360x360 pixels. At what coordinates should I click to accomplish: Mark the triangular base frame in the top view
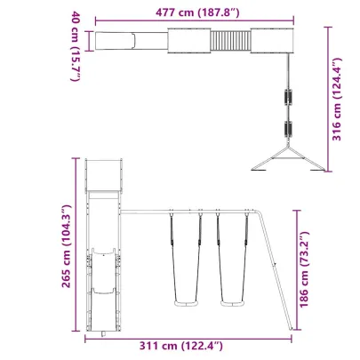[x=287, y=160]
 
